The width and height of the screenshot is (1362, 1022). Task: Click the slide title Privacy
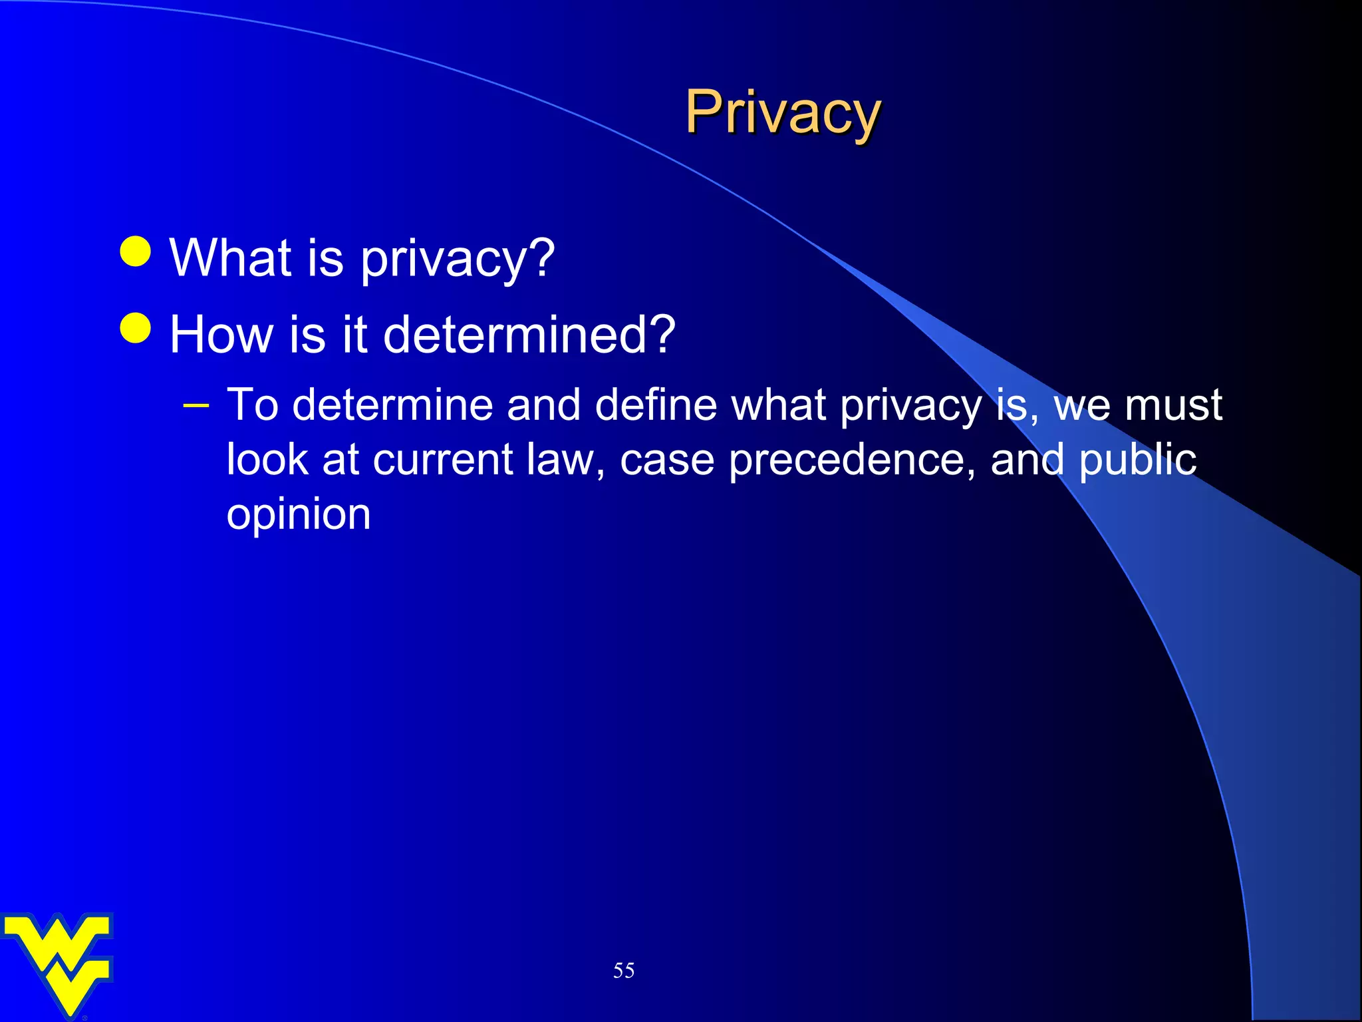pos(783,112)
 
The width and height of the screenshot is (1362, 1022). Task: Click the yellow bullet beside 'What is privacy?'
pos(136,252)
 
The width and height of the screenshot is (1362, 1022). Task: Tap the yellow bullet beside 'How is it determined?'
pos(136,328)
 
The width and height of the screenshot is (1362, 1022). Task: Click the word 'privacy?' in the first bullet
pos(458,259)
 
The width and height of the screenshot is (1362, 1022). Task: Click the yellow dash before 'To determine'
pos(196,405)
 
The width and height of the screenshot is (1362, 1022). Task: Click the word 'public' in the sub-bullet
pos(1137,460)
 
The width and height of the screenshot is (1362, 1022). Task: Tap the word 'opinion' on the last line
pos(299,515)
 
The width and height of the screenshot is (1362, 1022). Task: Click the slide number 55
pos(624,970)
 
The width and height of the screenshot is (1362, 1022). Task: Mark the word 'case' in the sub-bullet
pos(666,460)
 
